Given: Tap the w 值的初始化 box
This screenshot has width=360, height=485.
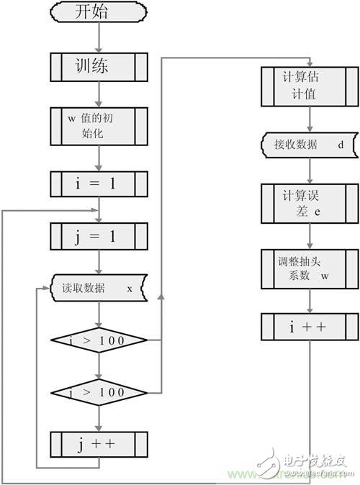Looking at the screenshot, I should tap(99, 127).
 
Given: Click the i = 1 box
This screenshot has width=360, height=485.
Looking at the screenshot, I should tap(99, 184).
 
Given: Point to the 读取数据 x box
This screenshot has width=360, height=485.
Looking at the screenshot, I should tap(99, 289).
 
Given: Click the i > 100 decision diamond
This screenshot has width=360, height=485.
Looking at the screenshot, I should tap(99, 340).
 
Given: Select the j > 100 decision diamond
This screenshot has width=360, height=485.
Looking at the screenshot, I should tap(99, 392).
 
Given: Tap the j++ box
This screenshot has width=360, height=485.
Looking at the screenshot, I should tap(99, 444).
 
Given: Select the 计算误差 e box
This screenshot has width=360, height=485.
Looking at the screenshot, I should tap(310, 203).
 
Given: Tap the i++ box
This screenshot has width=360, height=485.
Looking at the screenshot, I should tap(310, 327).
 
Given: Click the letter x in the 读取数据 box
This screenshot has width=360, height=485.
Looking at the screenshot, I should tap(130, 289).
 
